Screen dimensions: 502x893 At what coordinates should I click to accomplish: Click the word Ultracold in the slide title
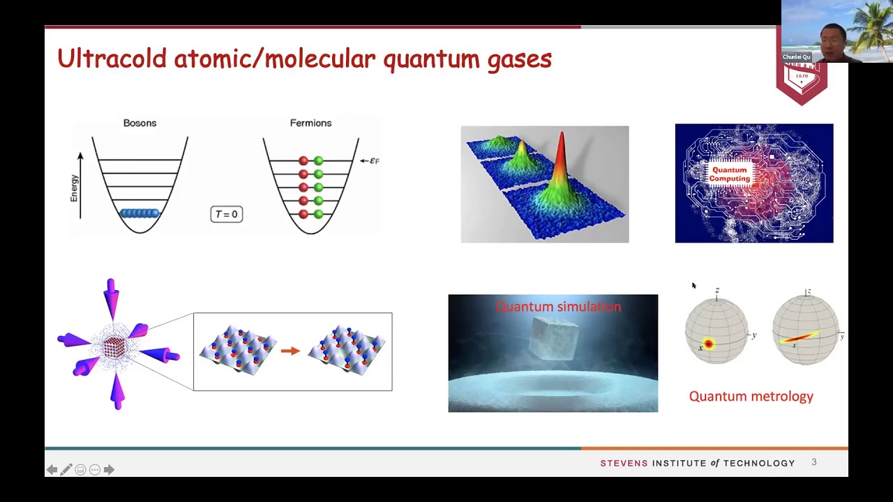point(112,59)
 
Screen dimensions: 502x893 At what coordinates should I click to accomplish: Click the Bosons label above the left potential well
point(140,123)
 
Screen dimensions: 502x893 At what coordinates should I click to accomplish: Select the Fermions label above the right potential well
point(310,123)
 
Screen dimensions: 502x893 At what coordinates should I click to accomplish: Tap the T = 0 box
point(226,214)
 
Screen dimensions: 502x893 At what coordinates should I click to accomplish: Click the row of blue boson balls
point(140,213)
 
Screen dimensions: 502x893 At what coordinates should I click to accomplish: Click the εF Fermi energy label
point(373,161)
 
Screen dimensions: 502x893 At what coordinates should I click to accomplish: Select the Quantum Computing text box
point(730,174)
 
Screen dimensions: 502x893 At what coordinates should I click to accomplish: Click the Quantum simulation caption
point(558,307)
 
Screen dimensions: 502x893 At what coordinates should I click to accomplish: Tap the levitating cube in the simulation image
point(555,338)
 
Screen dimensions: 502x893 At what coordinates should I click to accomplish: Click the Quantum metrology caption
point(751,397)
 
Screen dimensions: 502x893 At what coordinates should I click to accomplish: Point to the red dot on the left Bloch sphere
point(709,343)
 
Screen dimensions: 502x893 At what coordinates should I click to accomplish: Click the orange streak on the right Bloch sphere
point(800,337)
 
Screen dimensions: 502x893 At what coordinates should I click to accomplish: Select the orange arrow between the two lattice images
point(290,351)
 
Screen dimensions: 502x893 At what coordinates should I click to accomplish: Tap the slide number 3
point(813,462)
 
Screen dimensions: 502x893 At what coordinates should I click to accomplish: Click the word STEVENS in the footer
point(624,464)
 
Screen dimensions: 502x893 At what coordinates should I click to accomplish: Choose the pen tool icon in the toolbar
point(66,470)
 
